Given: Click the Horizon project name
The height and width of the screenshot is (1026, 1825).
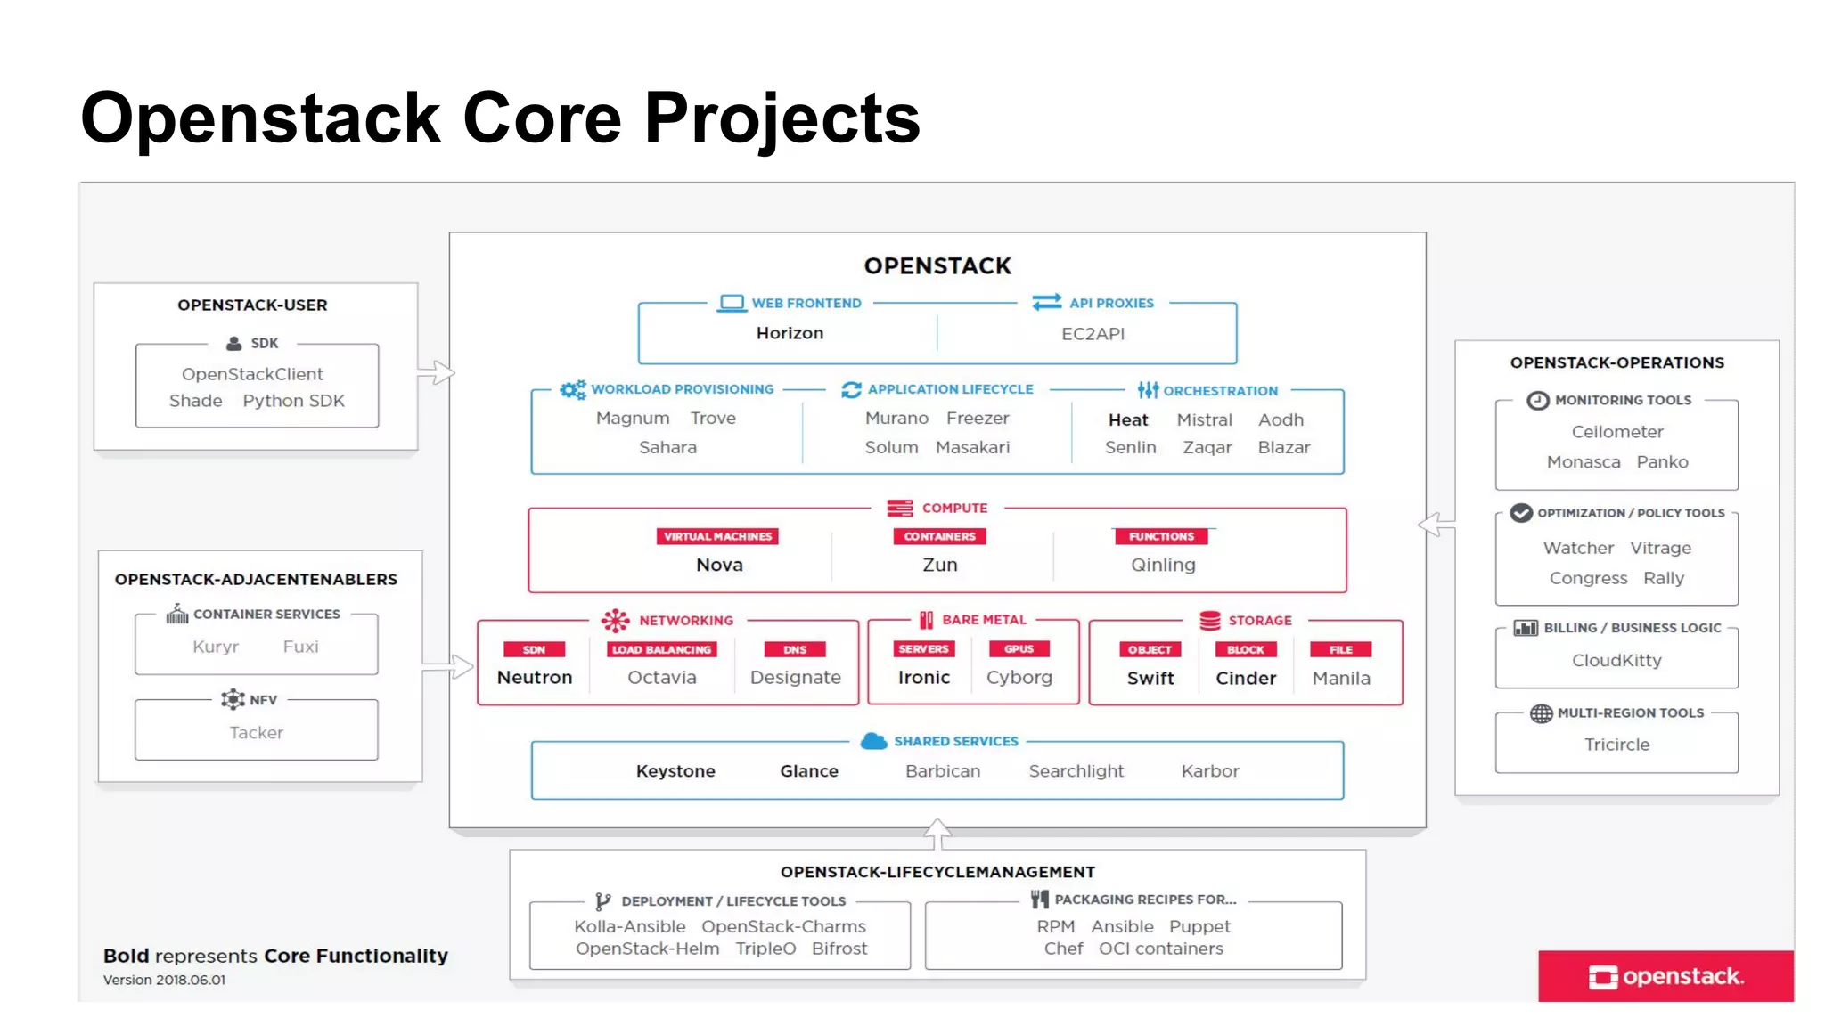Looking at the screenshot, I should (x=790, y=333).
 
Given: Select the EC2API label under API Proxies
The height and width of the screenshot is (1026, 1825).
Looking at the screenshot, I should (x=1093, y=334).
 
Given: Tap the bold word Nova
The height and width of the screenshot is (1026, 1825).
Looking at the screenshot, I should (x=719, y=565).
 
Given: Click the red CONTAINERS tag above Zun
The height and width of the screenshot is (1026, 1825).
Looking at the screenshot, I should (x=939, y=536).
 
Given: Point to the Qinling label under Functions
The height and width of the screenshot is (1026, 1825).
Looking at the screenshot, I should (x=1163, y=565).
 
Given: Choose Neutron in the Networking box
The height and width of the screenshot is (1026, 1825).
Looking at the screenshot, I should (x=535, y=677).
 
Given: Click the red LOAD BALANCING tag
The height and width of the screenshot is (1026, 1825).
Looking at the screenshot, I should (x=661, y=649).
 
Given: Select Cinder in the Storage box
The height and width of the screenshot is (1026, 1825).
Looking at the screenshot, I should (x=1246, y=678).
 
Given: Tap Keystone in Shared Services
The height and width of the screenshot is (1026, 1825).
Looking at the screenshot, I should (x=675, y=771).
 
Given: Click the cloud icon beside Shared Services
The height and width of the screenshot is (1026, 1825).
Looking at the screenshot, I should (x=873, y=741).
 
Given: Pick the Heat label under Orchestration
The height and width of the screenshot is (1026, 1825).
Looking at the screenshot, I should (x=1128, y=419).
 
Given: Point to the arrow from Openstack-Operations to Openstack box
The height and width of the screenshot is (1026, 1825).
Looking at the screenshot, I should (x=1435, y=525).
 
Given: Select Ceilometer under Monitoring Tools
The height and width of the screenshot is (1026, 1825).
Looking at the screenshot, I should (x=1616, y=432).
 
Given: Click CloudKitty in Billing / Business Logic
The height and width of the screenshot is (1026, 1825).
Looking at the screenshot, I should (x=1616, y=660).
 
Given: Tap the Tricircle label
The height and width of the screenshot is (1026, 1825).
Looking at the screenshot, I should (x=1616, y=745).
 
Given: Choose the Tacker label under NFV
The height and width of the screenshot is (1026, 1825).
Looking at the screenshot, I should (x=256, y=732).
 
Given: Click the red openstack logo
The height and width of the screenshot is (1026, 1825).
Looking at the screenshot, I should (x=1665, y=976).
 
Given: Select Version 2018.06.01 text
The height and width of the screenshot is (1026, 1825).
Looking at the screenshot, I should (x=164, y=980).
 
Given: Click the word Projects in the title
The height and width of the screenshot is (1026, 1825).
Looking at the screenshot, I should (x=782, y=118).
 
